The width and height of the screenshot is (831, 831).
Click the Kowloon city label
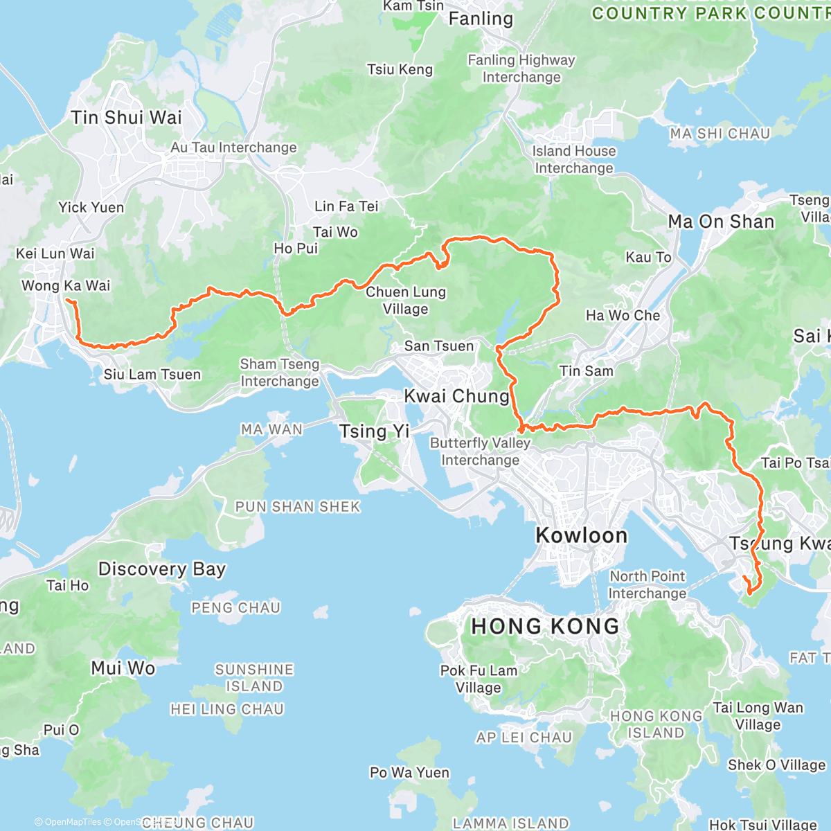tap(582, 535)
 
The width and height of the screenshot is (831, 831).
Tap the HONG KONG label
tap(545, 627)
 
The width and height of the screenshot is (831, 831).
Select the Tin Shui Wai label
tap(127, 118)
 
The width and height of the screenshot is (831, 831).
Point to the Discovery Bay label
tap(162, 569)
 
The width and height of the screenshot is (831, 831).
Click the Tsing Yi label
tap(375, 431)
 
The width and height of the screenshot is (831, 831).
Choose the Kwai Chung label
tap(456, 397)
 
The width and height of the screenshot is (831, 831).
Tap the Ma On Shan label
tap(721, 222)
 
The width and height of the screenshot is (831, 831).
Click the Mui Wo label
tap(123, 668)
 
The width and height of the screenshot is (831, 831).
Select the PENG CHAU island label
tap(235, 608)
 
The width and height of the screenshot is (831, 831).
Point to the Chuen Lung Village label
tap(406, 301)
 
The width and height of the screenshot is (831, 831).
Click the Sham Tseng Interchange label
tap(280, 373)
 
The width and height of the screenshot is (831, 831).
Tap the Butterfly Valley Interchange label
tap(480, 452)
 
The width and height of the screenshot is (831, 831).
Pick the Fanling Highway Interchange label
tap(521, 69)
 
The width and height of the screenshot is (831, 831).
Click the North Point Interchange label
tap(647, 584)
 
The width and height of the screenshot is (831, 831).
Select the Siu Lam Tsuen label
tap(152, 375)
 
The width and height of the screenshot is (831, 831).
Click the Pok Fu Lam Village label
tap(479, 679)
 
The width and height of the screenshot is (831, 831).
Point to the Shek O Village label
tap(776, 765)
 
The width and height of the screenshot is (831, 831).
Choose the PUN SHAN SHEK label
tap(298, 507)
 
